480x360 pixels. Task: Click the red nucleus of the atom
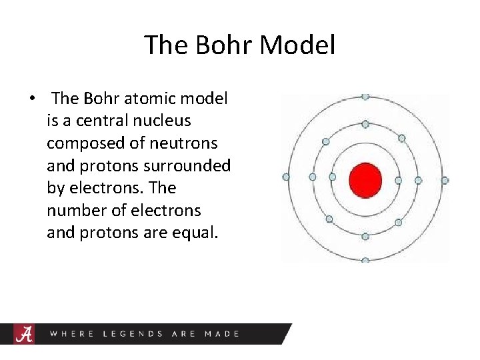click(x=365, y=180)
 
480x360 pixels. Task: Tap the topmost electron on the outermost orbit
click(x=365, y=97)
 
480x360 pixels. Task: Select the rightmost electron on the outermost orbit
click(x=445, y=180)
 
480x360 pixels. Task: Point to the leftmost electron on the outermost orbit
click(x=286, y=177)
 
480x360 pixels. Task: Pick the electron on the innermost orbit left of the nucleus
click(x=332, y=177)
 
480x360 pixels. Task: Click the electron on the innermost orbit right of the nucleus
click(x=398, y=180)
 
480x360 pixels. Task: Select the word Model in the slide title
click(x=297, y=45)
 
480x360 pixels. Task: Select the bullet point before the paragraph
click(x=32, y=99)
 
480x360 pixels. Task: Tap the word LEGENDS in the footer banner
click(x=133, y=333)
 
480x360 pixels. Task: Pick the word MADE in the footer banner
click(x=222, y=333)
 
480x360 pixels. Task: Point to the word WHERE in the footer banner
click(x=72, y=333)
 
